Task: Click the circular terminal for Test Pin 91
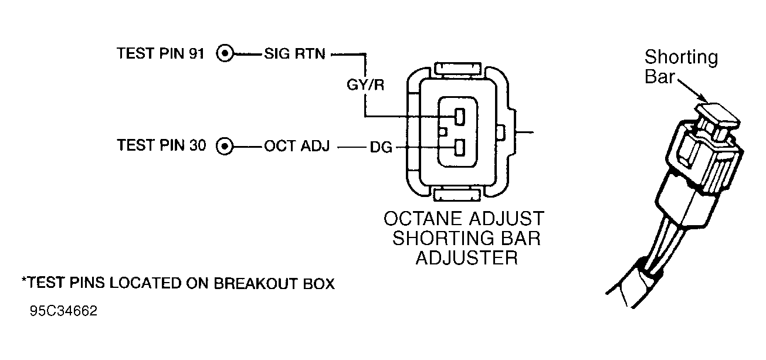click(225, 55)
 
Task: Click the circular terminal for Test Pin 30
click(225, 146)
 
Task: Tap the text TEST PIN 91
click(160, 54)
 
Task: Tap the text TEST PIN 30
click(160, 145)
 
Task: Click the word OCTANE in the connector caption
click(422, 219)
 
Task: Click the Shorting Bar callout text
click(680, 67)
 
